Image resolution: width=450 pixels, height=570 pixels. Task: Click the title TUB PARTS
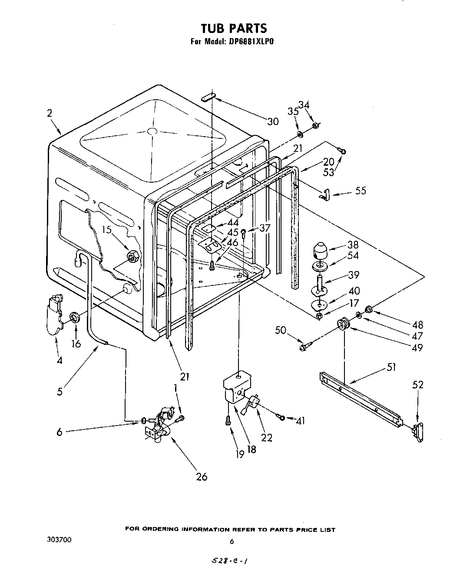233,29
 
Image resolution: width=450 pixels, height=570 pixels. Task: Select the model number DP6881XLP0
251,42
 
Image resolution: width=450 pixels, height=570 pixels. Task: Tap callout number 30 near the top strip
273,121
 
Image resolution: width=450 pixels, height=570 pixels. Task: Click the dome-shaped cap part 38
320,251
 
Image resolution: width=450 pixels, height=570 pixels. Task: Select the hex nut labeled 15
132,257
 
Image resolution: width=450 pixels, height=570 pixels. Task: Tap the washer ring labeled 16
75,317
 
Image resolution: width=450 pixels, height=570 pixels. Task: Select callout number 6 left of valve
60,432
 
